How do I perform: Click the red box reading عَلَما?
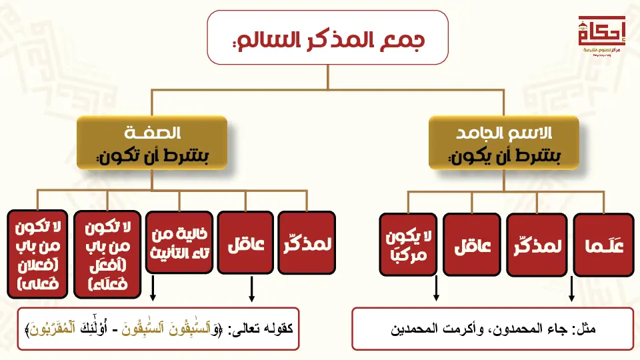point(603,245)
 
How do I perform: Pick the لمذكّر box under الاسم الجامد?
point(537,244)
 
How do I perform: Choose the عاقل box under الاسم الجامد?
point(473,244)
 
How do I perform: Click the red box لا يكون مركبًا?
point(408,244)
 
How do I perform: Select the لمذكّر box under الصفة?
point(307,243)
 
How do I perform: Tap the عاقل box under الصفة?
point(246,243)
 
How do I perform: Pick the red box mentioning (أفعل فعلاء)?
point(108,254)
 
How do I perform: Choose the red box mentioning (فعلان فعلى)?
point(37,254)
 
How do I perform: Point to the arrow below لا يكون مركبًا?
point(436,289)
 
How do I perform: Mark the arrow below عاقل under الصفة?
point(252,289)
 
